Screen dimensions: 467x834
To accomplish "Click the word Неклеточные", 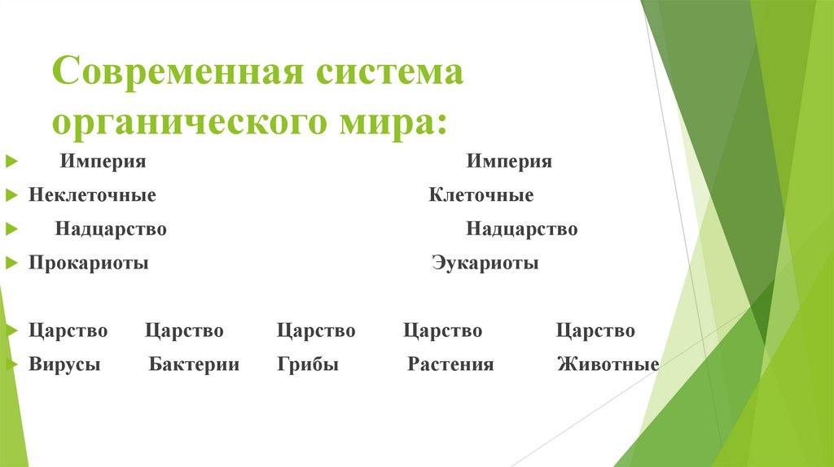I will coord(92,195).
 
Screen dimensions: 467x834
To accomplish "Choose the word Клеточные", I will coord(481,195).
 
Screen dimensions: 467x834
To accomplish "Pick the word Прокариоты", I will coord(89,264).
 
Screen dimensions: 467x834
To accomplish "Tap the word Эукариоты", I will coord(485,264).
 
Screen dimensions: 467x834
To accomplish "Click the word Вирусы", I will coord(64,364).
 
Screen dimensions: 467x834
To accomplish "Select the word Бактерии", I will coord(194,364).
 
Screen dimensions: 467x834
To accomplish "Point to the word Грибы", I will coord(308,364).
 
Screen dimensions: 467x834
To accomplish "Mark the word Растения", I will coord(450,364).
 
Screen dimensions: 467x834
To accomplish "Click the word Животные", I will coord(608,364).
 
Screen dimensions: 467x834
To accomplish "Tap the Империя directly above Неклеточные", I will coord(103,161).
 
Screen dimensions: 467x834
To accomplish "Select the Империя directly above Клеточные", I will coord(509,161).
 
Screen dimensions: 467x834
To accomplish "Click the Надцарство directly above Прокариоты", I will coord(111,229).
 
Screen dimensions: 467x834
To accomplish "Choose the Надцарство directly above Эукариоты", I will coord(522,229).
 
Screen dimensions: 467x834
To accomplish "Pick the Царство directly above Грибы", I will coord(316,331).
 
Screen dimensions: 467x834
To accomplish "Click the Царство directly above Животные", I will coord(595,331).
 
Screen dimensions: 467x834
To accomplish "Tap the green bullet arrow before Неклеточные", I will coord(11,196).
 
